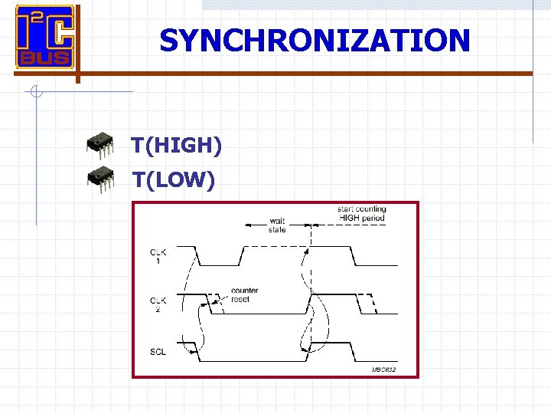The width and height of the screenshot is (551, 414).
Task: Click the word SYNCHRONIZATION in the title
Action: (315, 40)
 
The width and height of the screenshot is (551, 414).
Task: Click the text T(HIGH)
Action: (176, 145)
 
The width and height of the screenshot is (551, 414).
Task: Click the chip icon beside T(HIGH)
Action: (100, 143)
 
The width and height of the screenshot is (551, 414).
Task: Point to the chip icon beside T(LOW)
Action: (100, 177)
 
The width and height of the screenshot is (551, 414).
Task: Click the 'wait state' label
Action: (277, 225)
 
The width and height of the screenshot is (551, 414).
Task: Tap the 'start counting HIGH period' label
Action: (363, 214)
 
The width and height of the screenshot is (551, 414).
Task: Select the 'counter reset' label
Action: (245, 295)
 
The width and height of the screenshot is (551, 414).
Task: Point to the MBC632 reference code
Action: (383, 370)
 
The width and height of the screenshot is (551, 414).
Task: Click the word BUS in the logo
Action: (45, 58)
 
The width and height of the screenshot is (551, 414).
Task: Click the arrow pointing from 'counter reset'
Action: (218, 301)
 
